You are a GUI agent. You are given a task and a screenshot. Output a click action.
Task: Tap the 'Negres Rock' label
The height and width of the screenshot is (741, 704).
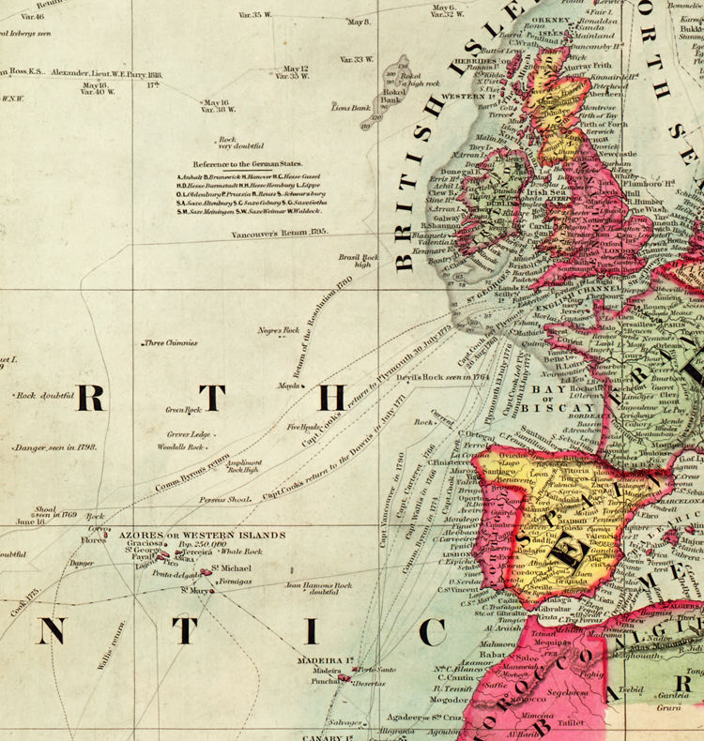click(x=278, y=330)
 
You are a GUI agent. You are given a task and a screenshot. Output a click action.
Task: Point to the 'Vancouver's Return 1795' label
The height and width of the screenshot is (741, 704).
click(x=278, y=230)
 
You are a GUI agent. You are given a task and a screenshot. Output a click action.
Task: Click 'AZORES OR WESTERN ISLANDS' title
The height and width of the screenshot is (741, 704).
click(x=202, y=535)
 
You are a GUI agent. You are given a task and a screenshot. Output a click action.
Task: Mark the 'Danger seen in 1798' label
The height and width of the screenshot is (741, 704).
click(x=55, y=447)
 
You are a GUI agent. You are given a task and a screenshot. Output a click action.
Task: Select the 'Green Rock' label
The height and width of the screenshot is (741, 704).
click(x=184, y=410)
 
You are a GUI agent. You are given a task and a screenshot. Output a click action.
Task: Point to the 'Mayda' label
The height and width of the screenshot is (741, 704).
click(x=289, y=386)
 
